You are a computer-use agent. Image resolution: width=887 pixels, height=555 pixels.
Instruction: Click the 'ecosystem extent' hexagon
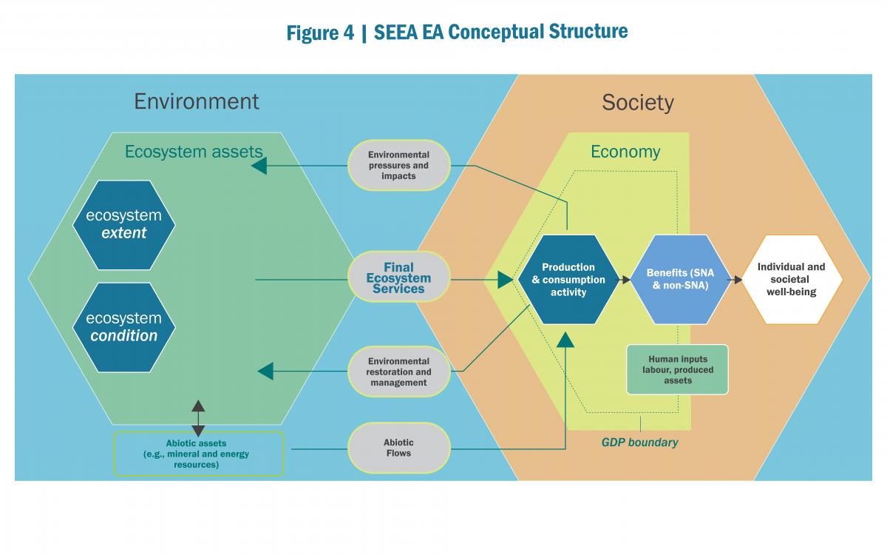(124, 224)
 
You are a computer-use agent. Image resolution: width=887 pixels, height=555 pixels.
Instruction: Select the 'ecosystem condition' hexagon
(124, 326)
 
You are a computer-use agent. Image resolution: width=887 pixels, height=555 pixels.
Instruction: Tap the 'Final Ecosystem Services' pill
(399, 278)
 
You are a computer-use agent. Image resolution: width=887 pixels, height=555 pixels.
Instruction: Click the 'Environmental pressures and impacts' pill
(399, 165)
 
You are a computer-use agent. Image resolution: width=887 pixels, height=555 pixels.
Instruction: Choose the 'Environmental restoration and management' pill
(399, 371)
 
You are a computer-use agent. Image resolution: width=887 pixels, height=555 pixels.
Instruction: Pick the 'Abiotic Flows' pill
(399, 448)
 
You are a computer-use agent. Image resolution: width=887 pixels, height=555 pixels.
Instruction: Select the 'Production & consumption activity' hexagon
(568, 280)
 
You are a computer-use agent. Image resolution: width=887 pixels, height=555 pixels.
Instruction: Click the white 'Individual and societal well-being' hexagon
(792, 280)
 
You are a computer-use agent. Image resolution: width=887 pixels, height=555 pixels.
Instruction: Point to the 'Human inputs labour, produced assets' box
(677, 369)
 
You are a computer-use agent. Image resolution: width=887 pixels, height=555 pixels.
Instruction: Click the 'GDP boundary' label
(639, 443)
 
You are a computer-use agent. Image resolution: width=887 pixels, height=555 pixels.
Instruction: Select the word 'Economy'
(625, 152)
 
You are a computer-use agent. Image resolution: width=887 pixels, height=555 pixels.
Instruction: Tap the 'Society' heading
(638, 102)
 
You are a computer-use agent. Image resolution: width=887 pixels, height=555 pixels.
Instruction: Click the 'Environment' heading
(197, 101)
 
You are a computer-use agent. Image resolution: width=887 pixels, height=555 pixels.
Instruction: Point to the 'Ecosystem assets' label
(194, 152)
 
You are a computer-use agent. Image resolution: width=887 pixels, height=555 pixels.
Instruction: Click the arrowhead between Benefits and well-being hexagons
(736, 280)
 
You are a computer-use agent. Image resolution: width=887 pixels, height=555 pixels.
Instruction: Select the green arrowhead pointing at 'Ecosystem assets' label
(259, 166)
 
